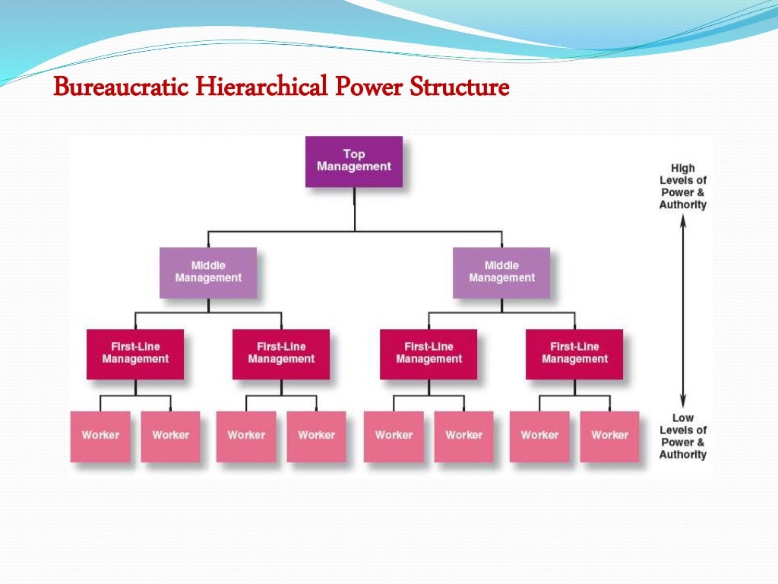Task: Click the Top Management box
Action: pos(353,161)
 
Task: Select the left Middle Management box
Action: pos(208,272)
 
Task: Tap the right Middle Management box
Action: pos(501,272)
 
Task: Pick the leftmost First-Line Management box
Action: pos(135,354)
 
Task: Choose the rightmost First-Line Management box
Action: pos(574,354)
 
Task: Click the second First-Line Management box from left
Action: pos(281,354)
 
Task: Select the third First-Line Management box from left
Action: pos(429,354)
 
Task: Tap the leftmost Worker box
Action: pos(100,436)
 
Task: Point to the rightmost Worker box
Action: pos(609,436)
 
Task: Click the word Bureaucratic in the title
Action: pos(121,88)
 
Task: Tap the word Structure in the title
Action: pos(459,88)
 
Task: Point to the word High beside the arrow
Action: pos(682,168)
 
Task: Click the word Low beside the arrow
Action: pos(682,417)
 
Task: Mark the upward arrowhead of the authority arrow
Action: pos(683,221)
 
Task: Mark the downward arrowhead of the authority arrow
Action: pos(683,401)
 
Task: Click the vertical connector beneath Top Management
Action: pos(354,208)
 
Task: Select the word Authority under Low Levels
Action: pos(682,455)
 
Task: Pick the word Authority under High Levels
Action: pos(682,205)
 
